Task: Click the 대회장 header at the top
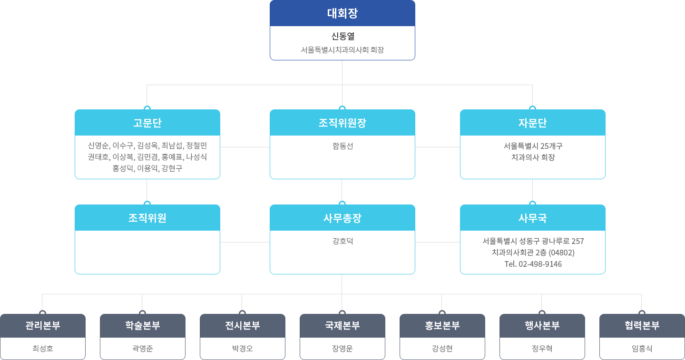(x=342, y=13)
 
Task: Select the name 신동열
(x=342, y=36)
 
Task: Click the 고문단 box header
(x=147, y=123)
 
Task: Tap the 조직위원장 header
(x=342, y=123)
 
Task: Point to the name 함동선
(x=342, y=146)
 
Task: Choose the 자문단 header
(x=532, y=123)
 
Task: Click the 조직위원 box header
(x=147, y=218)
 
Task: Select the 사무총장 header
(x=342, y=218)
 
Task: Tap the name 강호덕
(x=342, y=241)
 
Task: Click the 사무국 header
(x=532, y=218)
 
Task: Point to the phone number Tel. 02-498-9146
(x=533, y=264)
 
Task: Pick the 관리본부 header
(x=43, y=326)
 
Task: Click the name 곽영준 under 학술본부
(x=143, y=349)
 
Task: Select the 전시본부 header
(x=243, y=326)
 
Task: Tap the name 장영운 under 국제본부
(x=342, y=349)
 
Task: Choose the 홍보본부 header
(x=442, y=326)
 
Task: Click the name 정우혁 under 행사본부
(x=542, y=349)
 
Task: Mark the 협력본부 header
(x=642, y=326)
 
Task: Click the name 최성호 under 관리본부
(x=43, y=349)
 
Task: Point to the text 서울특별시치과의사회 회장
(x=342, y=49)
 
